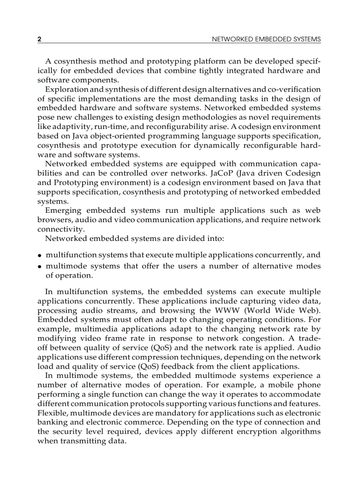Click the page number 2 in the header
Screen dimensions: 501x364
[39, 39]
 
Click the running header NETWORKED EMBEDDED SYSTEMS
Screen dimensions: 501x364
[266, 39]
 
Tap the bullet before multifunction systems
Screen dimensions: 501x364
[40, 256]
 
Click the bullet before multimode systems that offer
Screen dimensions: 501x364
[40, 267]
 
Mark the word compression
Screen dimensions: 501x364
[157, 357]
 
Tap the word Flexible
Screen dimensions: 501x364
[51, 413]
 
